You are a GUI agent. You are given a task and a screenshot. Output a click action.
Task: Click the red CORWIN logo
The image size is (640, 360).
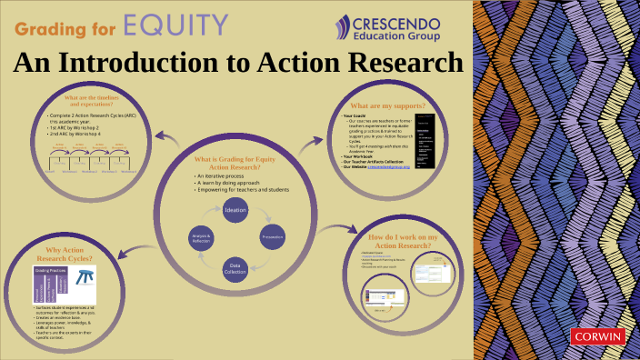(x=597, y=336)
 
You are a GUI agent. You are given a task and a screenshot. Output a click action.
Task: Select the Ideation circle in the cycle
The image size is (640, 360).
(x=235, y=210)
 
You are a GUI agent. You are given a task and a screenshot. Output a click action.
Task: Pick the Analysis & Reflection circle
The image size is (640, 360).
(x=201, y=237)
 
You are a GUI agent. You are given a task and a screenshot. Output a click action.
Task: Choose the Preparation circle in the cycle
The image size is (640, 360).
(x=272, y=237)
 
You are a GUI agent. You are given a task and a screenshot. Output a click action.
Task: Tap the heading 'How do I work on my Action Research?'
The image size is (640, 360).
(x=402, y=241)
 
